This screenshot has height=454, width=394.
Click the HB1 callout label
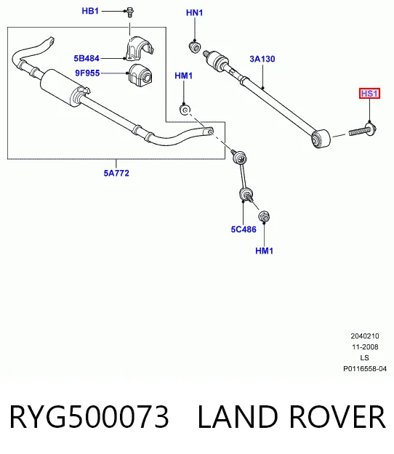tap(90, 11)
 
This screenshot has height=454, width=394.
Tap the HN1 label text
tap(194, 13)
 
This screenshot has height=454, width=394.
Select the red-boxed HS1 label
tap(369, 94)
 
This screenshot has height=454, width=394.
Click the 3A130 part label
tap(262, 59)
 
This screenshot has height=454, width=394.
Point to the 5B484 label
tap(87, 59)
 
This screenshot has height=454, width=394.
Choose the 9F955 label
tap(87, 73)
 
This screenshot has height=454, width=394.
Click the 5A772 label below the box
tap(116, 173)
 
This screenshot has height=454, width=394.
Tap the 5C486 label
tap(244, 230)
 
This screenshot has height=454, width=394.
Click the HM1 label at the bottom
tap(264, 251)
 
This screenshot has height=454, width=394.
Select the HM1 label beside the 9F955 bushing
tap(184, 76)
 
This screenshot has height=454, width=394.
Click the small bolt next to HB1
tap(130, 12)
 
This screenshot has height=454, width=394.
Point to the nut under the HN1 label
tap(194, 47)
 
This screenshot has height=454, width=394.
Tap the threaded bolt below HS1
tap(362, 130)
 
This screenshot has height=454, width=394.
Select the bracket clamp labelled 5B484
tap(139, 49)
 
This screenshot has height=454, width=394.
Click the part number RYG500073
tap(89, 416)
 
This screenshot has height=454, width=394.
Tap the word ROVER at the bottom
tap(337, 416)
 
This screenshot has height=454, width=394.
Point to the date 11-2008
tap(365, 347)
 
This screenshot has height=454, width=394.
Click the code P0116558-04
tap(365, 369)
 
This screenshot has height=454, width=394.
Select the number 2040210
tap(365, 336)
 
